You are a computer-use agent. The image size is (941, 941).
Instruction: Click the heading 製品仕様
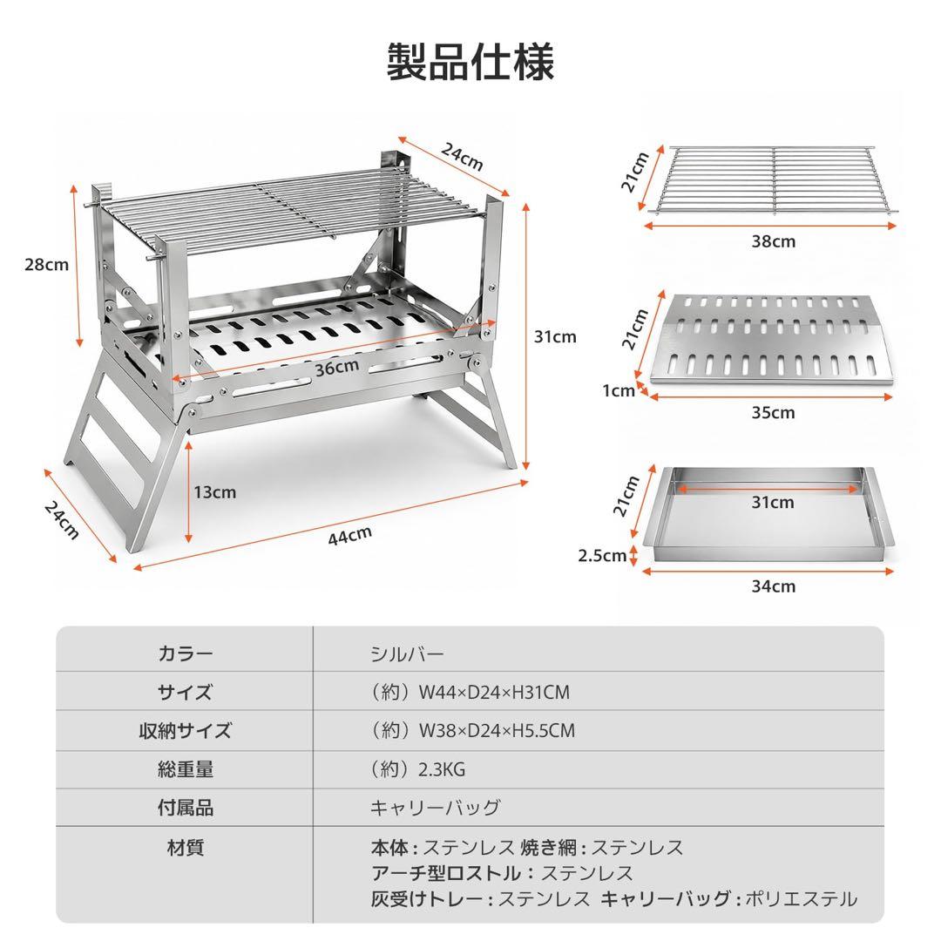click(x=470, y=62)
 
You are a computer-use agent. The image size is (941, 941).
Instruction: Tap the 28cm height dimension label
click(x=47, y=265)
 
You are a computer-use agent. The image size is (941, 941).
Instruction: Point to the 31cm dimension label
click(x=555, y=336)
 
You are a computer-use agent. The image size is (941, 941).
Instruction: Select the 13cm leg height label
click(x=215, y=492)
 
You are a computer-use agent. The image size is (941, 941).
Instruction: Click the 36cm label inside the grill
click(x=337, y=368)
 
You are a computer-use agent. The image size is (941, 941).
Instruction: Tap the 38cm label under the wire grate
click(x=774, y=241)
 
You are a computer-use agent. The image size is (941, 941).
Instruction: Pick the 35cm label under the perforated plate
click(x=774, y=412)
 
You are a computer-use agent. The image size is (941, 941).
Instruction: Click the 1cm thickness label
click(x=619, y=390)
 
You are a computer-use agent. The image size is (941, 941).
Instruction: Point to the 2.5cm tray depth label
click(x=602, y=556)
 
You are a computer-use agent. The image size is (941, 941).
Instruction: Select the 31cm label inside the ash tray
click(x=773, y=502)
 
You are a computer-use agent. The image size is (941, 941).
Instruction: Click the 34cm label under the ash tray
click(x=774, y=586)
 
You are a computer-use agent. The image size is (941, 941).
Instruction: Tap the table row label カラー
click(x=185, y=653)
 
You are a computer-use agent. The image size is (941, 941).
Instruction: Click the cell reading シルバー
click(x=407, y=653)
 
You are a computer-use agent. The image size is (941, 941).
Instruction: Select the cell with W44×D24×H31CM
click(x=470, y=692)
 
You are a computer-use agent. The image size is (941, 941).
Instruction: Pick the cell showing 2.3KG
click(x=417, y=768)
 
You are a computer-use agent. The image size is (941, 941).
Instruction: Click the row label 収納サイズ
click(x=185, y=730)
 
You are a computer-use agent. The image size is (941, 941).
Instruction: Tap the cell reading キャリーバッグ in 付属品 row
click(x=435, y=807)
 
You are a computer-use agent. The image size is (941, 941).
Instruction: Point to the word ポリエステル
click(x=802, y=898)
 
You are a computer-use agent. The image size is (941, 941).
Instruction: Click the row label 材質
click(x=185, y=848)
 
